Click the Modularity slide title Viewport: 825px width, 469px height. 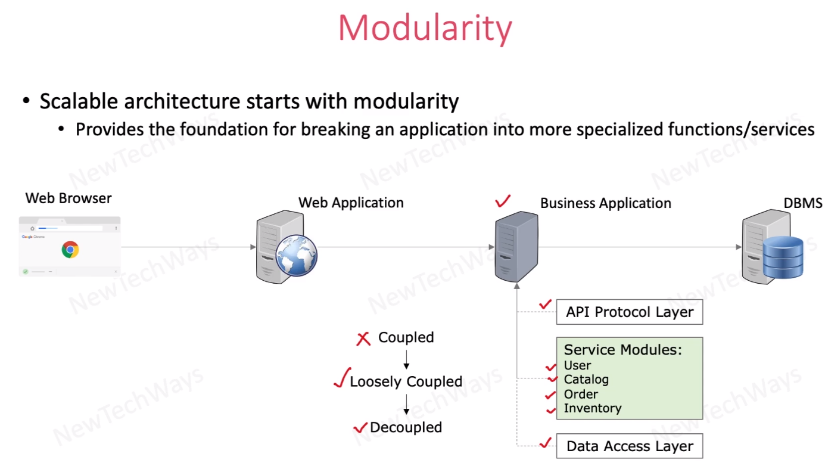point(425,27)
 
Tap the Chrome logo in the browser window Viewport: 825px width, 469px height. point(70,249)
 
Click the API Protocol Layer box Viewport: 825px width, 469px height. point(629,312)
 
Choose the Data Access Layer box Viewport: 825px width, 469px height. point(629,446)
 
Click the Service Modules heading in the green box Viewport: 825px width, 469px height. point(622,350)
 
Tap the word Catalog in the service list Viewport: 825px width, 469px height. point(586,380)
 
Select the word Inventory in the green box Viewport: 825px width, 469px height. point(592,408)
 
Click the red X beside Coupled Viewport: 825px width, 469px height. point(363,339)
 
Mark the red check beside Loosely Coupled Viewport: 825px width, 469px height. point(342,378)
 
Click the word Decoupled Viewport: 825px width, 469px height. point(406,427)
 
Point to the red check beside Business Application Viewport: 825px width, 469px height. point(503,202)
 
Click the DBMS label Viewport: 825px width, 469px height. point(802,203)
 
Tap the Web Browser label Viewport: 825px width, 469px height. point(69,198)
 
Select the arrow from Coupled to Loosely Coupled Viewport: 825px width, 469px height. point(406,359)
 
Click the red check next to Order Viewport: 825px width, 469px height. point(550,395)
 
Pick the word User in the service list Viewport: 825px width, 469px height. point(577,365)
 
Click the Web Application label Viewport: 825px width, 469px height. point(351,203)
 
